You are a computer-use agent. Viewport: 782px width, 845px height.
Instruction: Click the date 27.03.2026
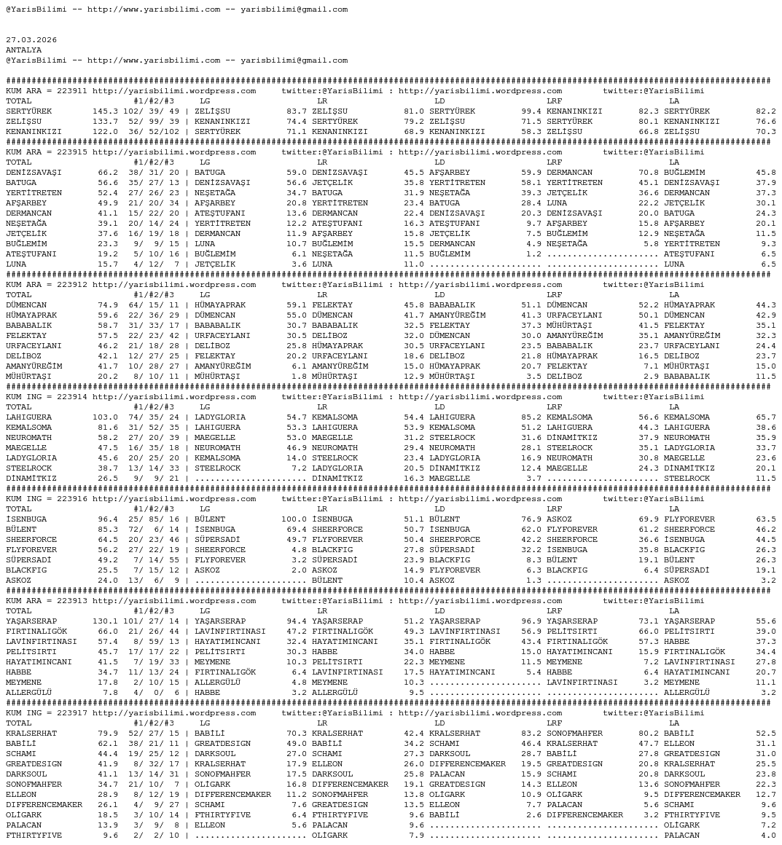(x=31, y=40)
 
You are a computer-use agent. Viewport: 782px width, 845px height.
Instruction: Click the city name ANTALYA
(x=23, y=50)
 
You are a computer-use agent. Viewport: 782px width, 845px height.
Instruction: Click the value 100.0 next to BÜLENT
(x=294, y=519)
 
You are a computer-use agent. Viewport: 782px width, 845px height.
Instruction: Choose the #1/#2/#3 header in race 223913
(x=153, y=611)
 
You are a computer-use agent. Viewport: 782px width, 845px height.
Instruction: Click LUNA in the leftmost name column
(x=16, y=264)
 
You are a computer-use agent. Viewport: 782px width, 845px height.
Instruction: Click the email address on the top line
(x=294, y=9)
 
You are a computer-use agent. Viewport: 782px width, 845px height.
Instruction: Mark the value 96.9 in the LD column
(x=531, y=621)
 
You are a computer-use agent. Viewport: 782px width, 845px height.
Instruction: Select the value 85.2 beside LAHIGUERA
(x=531, y=417)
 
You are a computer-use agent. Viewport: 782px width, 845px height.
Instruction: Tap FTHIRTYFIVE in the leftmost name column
(x=34, y=836)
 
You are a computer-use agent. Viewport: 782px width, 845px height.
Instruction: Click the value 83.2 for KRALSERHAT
(x=531, y=734)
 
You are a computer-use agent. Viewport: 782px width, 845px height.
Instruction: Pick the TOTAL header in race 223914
(x=19, y=407)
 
